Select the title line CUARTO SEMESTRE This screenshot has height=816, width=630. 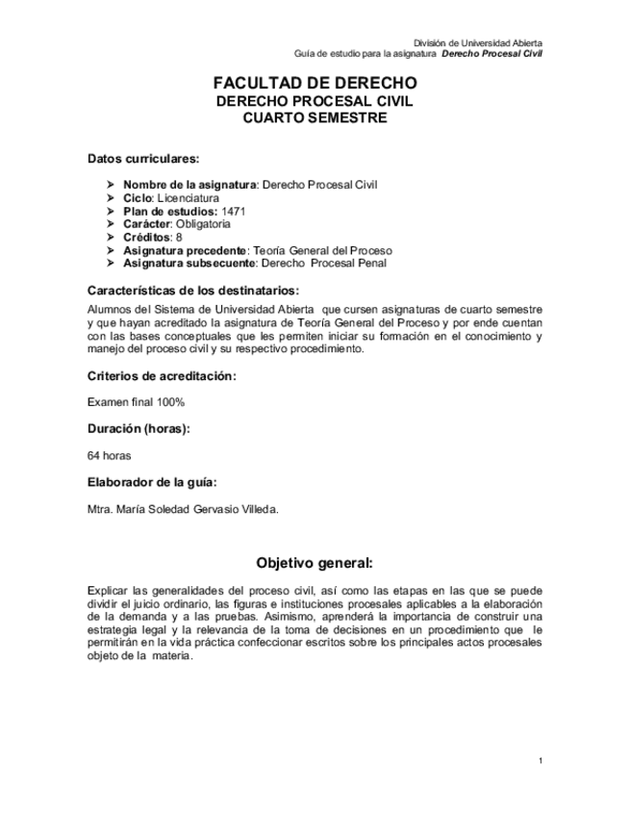tap(315, 117)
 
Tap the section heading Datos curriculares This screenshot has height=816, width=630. tap(143, 157)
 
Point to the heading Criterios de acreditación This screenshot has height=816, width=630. tap(161, 375)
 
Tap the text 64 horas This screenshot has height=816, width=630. tap(109, 454)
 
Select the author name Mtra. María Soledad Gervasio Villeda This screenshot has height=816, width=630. tap(183, 509)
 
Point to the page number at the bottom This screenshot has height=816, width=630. tap(542, 762)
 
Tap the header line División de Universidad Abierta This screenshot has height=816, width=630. tap(477, 43)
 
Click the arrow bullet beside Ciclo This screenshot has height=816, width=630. tap(112, 195)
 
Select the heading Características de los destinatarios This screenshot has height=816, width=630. tap(192, 289)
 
